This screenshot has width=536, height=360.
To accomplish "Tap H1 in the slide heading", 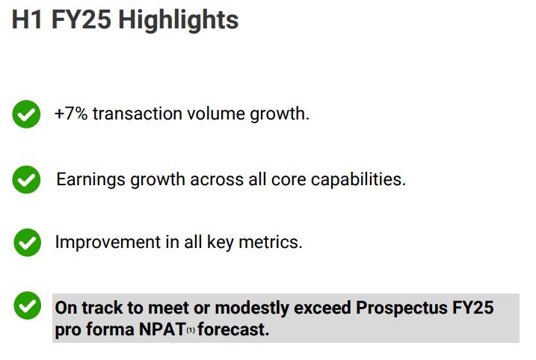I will click(28, 20).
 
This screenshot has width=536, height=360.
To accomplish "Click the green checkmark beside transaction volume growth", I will click(27, 115).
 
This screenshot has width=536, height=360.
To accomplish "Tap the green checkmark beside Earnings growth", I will click(27, 180).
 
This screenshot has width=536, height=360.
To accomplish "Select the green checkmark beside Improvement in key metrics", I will click(28, 243).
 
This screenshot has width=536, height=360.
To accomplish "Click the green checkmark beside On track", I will click(28, 306).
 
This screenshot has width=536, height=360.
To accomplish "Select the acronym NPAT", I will click(161, 329).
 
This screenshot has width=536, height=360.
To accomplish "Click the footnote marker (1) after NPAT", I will click(191, 331).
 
